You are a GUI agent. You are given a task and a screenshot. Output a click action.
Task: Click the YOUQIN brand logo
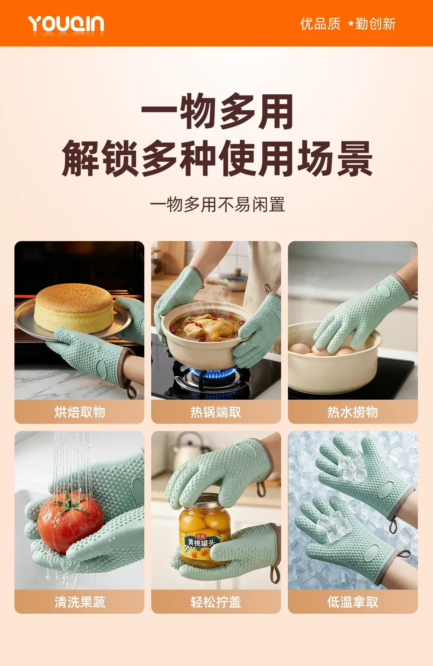click(x=66, y=24)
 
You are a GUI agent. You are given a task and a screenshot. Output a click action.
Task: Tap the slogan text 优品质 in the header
click(x=320, y=24)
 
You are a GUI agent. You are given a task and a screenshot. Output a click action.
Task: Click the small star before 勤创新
click(x=351, y=24)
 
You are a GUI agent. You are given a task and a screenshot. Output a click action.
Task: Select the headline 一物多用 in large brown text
click(x=217, y=111)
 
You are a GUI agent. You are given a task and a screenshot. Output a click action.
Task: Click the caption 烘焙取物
click(x=80, y=412)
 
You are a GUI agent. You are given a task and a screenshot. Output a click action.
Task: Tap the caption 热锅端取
click(x=216, y=412)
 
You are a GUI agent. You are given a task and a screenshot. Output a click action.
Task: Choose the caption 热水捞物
click(x=353, y=412)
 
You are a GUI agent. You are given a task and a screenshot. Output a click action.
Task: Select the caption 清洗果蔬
click(x=80, y=602)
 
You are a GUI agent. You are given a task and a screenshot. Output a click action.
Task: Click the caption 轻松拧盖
click(x=216, y=602)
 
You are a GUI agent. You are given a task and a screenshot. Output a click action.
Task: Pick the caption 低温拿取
click(x=353, y=602)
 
